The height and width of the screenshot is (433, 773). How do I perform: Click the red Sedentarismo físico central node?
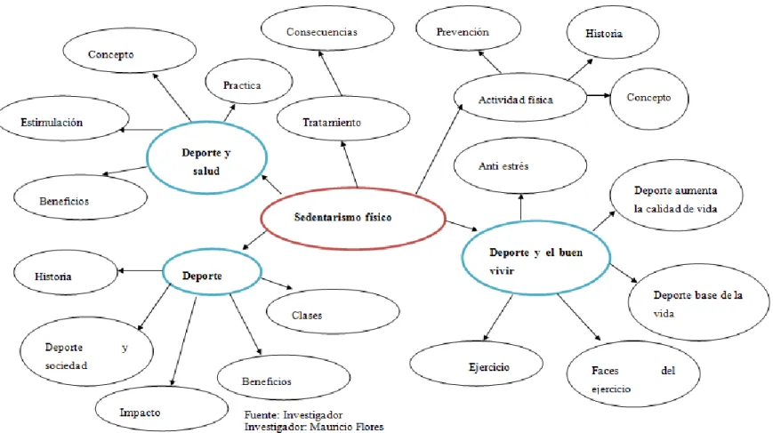[x=353, y=218]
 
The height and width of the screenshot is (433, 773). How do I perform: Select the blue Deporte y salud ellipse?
[x=206, y=158]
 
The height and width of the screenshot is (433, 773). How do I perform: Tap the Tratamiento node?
[x=343, y=119]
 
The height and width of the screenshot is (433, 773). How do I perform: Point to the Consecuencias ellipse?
[x=327, y=28]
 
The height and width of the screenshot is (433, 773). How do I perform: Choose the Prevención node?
[x=468, y=28]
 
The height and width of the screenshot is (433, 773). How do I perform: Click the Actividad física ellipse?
[x=520, y=97]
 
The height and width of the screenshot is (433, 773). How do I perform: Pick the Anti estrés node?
[x=520, y=165]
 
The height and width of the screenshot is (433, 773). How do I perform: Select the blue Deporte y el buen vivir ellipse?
[x=535, y=258]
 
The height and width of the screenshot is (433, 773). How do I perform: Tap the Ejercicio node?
[x=476, y=364]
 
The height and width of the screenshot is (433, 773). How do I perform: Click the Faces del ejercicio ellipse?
[x=633, y=373]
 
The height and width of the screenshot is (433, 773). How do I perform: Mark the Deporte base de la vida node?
[x=698, y=302]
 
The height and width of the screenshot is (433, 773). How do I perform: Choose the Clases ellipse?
[x=333, y=311]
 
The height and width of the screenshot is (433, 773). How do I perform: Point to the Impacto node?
[x=162, y=409]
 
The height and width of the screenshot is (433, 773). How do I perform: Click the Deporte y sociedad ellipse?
[x=86, y=351]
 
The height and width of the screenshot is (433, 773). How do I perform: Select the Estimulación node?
[x=64, y=118]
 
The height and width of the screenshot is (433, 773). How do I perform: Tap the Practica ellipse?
[x=249, y=82]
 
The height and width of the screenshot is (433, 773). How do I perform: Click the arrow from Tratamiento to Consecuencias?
[x=330, y=74]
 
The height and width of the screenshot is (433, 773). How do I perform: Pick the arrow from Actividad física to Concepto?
[x=599, y=95]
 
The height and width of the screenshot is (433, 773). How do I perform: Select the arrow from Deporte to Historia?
[x=140, y=270]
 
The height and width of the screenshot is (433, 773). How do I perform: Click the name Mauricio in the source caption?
[x=329, y=427]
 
